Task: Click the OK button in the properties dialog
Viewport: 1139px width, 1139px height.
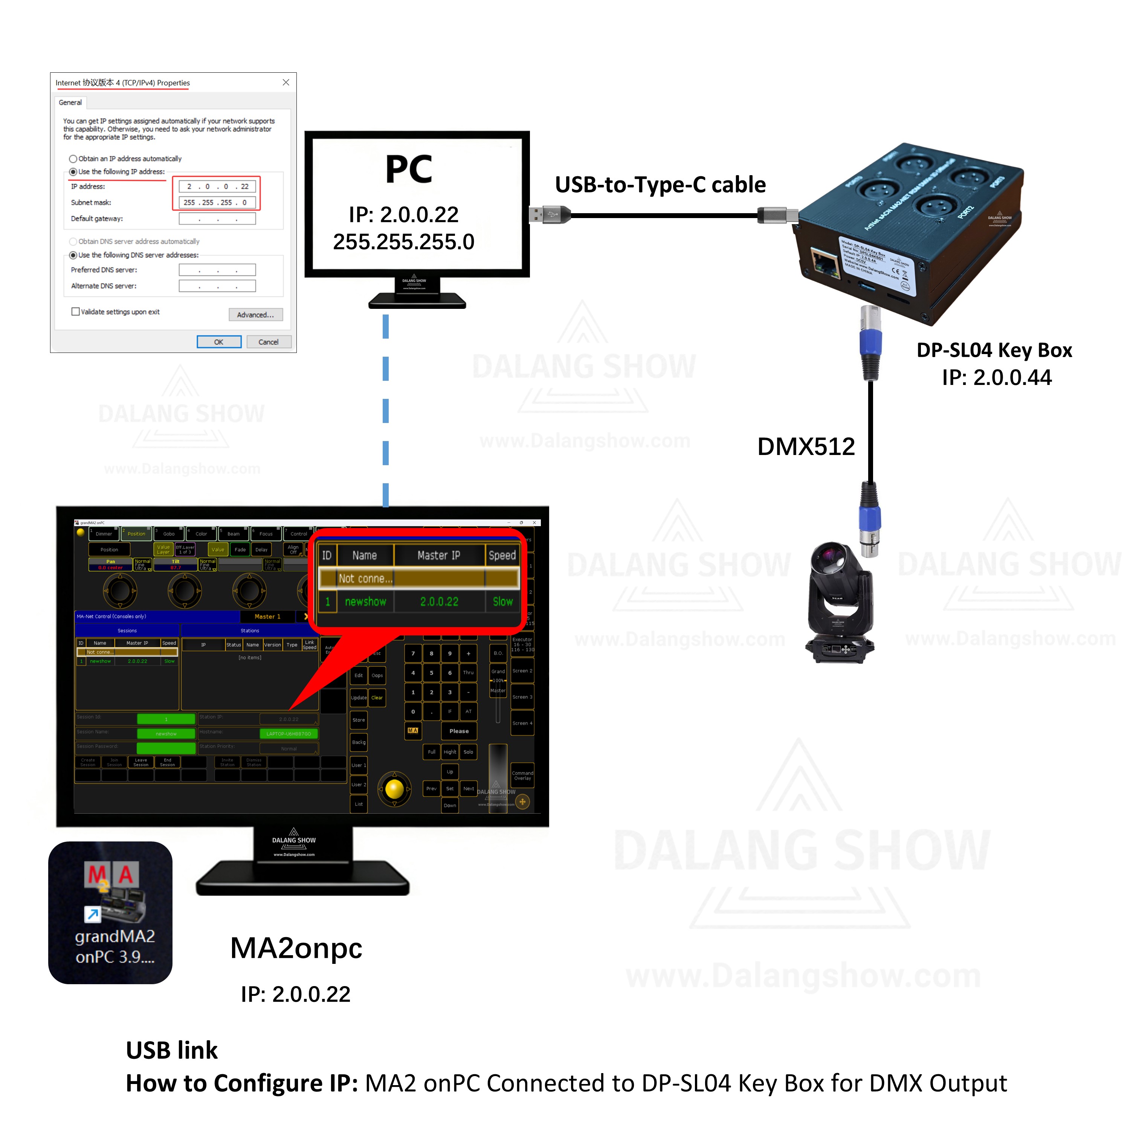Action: point(219,342)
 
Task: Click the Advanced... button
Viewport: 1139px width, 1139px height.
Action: point(255,315)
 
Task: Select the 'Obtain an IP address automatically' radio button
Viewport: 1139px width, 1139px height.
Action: point(73,159)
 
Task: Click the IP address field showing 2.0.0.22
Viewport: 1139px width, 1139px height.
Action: point(217,186)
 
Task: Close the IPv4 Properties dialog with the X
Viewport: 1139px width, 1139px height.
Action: point(286,82)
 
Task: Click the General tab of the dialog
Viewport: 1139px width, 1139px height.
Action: point(70,102)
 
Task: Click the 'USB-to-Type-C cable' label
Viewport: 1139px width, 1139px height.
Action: point(660,185)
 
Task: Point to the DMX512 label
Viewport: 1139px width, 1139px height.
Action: point(806,447)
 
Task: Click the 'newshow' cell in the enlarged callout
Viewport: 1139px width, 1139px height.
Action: point(365,602)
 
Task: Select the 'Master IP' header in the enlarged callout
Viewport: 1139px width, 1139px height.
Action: point(439,555)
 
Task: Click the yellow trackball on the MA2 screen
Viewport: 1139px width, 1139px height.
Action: point(394,788)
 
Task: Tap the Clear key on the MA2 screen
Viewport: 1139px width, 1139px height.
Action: point(377,698)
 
